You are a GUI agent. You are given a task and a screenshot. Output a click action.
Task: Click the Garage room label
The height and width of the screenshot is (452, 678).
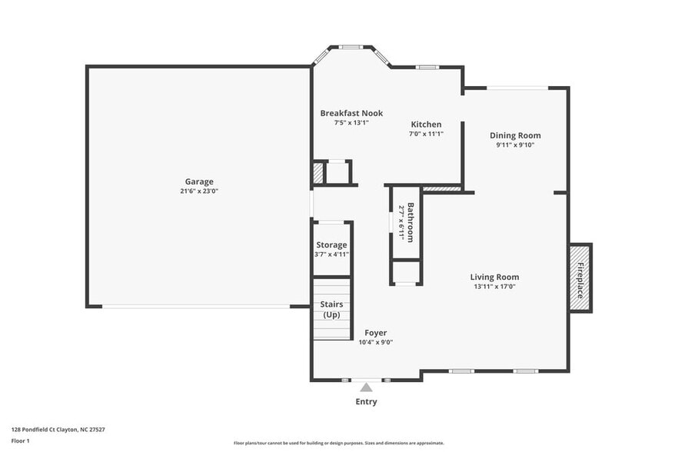(x=198, y=182)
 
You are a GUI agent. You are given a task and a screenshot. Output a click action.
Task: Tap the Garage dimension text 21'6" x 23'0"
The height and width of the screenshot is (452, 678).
(x=198, y=191)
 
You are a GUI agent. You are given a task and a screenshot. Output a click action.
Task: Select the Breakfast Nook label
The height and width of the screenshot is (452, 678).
(x=351, y=113)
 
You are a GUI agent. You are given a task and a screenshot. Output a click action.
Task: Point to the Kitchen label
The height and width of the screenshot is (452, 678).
(x=426, y=125)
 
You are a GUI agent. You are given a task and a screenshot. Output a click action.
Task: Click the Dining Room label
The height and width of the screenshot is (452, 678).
(x=515, y=135)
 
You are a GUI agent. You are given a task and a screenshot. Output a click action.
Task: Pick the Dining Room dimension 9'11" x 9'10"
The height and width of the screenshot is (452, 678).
(x=515, y=145)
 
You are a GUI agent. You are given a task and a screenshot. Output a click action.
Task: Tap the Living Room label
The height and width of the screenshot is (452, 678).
(x=494, y=277)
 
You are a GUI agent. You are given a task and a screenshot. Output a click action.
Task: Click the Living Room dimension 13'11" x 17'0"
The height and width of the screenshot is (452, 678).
(x=494, y=287)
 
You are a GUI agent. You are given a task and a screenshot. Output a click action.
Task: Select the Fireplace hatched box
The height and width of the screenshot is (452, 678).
(x=580, y=278)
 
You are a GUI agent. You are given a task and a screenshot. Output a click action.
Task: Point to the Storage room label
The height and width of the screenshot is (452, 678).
(x=331, y=245)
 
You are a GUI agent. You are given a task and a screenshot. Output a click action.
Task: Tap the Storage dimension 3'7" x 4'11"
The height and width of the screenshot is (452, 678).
(x=331, y=254)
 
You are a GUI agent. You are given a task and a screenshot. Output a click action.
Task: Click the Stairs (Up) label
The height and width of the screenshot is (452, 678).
(x=331, y=309)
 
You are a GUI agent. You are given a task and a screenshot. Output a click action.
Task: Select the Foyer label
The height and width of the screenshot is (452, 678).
(x=375, y=333)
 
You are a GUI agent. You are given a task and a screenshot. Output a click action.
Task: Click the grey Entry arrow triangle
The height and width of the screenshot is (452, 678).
(x=366, y=387)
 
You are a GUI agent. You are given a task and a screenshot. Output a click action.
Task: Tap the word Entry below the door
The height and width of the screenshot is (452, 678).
(x=366, y=402)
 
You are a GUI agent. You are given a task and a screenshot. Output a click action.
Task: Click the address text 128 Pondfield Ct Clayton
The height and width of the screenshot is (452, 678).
(x=58, y=430)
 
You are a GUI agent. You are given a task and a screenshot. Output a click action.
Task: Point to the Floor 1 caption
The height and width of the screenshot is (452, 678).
(x=20, y=440)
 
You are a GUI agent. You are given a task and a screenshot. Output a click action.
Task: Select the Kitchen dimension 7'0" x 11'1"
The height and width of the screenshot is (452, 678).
(x=426, y=134)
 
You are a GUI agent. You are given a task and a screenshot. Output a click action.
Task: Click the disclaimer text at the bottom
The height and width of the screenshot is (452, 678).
(x=338, y=443)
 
